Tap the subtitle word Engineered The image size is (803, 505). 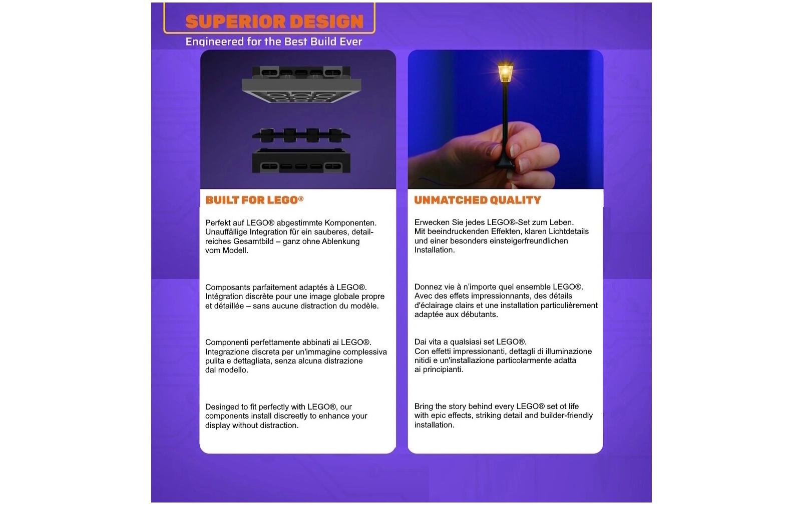point(214,42)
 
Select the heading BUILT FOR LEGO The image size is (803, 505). point(254,200)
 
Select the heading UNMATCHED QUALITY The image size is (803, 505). point(478,200)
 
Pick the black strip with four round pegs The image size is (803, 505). point(301,135)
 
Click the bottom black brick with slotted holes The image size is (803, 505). point(301,161)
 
